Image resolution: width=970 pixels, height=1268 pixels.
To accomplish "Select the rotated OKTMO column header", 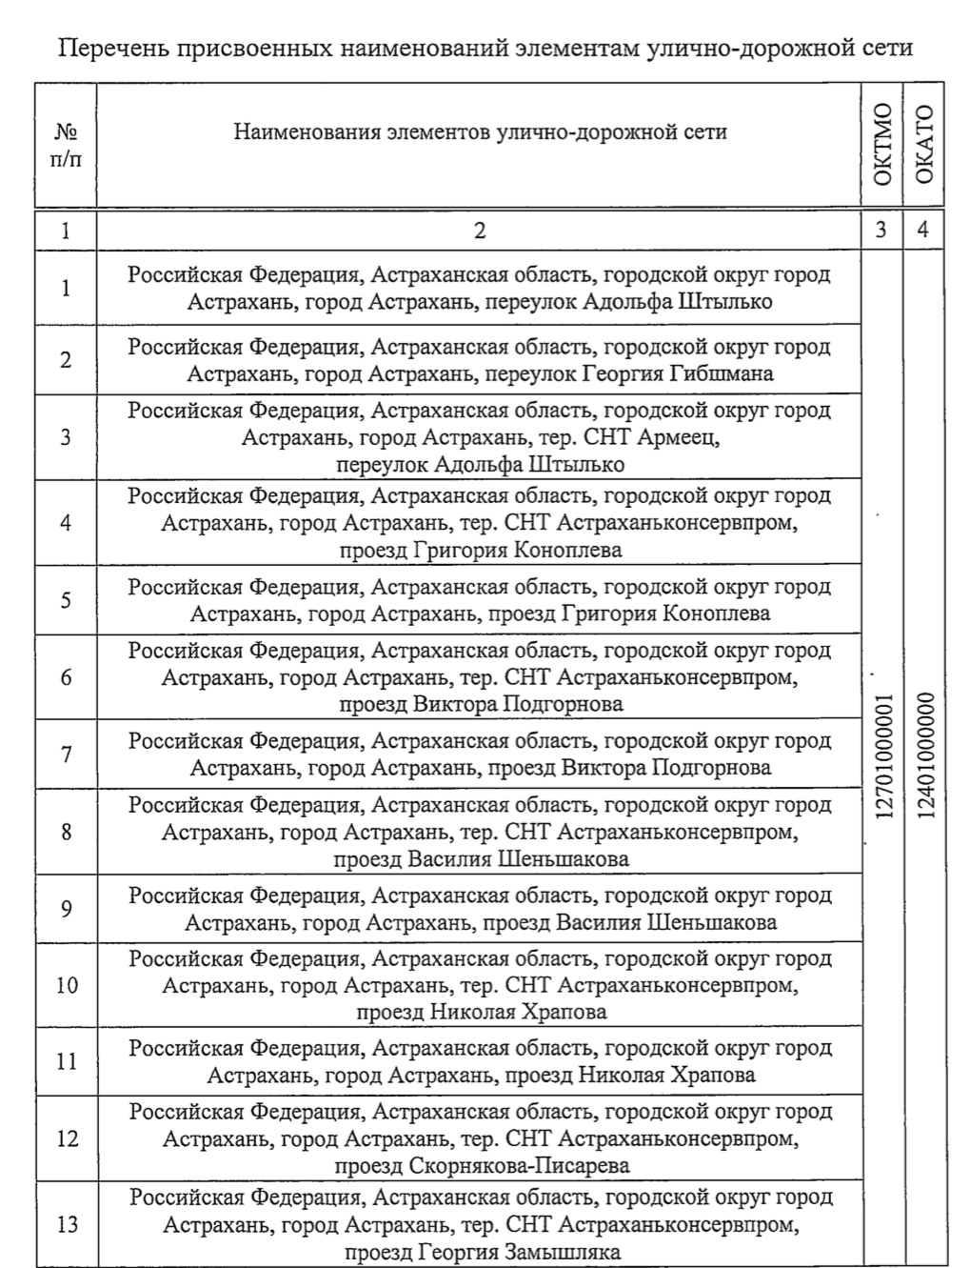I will pyautogui.click(x=882, y=145).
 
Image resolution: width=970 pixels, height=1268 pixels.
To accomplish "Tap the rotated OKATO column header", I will pyautogui.click(x=924, y=145).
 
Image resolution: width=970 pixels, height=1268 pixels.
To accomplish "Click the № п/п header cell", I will pyautogui.click(x=66, y=146).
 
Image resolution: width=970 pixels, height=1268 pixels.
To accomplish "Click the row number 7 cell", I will pyautogui.click(x=66, y=755).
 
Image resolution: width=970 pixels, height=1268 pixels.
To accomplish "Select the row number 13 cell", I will pyautogui.click(x=67, y=1224).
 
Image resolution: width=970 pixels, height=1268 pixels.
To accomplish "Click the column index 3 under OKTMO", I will pyautogui.click(x=881, y=230).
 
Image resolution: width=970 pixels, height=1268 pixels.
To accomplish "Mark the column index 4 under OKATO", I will pyautogui.click(x=923, y=230).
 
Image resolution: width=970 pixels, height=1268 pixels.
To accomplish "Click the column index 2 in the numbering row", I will pyautogui.click(x=480, y=230).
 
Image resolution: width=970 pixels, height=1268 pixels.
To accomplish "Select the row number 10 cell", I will pyautogui.click(x=67, y=984).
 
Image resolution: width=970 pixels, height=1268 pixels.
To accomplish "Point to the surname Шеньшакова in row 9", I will pyautogui.click(x=711, y=922).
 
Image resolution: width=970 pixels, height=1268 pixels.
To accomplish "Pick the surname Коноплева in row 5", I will pyautogui.click(x=717, y=614).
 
